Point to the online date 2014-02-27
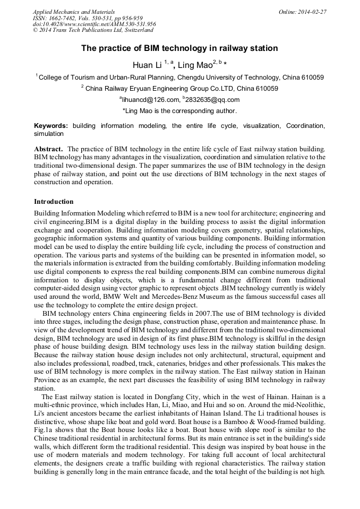click(x=312, y=11)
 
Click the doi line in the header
click(x=95, y=24)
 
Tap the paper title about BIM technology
click(x=179, y=48)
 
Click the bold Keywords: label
click(x=51, y=126)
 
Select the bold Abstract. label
click(x=49, y=150)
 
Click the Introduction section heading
click(x=54, y=202)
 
